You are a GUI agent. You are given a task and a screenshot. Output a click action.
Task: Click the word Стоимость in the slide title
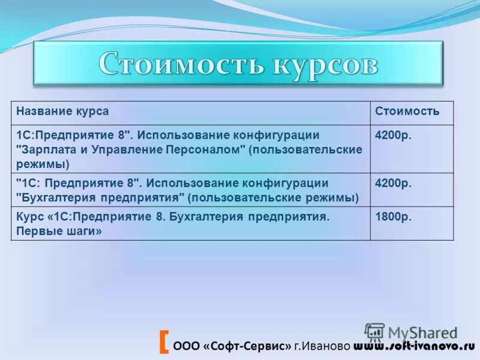(170, 64)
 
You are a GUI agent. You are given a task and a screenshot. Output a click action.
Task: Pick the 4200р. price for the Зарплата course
(393, 135)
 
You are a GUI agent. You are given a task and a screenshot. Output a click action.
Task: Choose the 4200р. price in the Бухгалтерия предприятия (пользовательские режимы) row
(393, 183)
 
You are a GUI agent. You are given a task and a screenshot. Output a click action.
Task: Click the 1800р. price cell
(393, 217)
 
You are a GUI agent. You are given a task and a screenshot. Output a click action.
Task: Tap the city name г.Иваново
(322, 346)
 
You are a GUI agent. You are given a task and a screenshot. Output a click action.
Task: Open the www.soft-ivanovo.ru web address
(413, 346)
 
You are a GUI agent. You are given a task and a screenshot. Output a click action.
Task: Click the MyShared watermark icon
(374, 332)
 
